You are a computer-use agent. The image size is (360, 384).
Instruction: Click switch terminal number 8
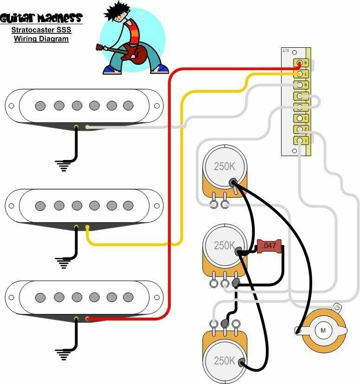[300, 63]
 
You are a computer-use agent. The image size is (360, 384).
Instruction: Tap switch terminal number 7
[300, 74]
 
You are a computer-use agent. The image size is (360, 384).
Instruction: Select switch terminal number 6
[300, 85]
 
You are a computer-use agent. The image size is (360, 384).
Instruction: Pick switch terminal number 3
[300, 118]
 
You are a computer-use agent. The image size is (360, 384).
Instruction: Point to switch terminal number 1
[300, 140]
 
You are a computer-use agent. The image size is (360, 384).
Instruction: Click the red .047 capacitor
[269, 246]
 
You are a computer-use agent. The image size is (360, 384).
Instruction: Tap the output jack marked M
[323, 330]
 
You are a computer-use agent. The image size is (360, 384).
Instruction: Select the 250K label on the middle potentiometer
[225, 245]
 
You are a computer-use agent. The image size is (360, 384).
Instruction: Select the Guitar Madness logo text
[41, 19]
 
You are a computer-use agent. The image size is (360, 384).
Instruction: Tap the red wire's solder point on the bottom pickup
[87, 319]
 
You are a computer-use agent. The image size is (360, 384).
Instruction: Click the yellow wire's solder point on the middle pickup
[87, 227]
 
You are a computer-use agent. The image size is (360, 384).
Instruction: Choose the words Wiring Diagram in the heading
[41, 39]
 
